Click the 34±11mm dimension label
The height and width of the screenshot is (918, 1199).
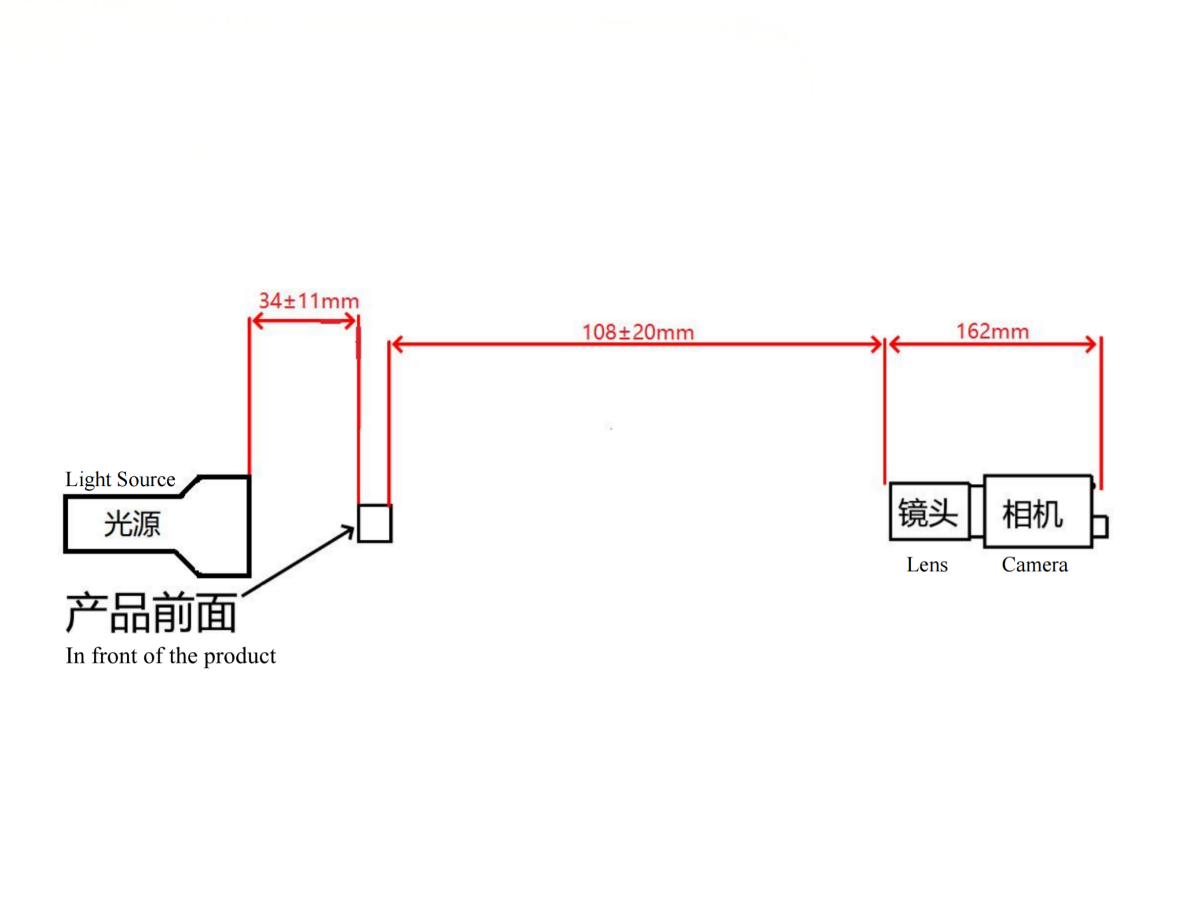pyautogui.click(x=308, y=300)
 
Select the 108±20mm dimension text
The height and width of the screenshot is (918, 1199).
pyautogui.click(x=638, y=332)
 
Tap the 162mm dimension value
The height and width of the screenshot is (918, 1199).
pyautogui.click(x=993, y=331)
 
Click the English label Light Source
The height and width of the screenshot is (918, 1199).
pyautogui.click(x=120, y=479)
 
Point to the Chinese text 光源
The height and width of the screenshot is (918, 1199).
pyautogui.click(x=132, y=524)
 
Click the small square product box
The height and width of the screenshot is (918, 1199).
pyautogui.click(x=375, y=524)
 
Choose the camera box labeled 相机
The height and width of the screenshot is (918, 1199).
pyautogui.click(x=1038, y=511)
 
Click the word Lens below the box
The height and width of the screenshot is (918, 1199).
pyautogui.click(x=927, y=565)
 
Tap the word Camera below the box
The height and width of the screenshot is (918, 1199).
pyautogui.click(x=1034, y=565)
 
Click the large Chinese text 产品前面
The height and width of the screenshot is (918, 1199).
pyautogui.click(x=151, y=614)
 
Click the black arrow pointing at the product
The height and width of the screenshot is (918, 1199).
pyautogui.click(x=298, y=560)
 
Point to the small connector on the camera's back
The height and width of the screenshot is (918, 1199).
pyautogui.click(x=1100, y=526)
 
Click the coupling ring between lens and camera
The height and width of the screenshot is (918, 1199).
pyautogui.click(x=977, y=512)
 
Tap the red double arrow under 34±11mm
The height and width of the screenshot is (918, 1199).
pyautogui.click(x=304, y=321)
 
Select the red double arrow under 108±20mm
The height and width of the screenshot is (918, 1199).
pyautogui.click(x=637, y=344)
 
